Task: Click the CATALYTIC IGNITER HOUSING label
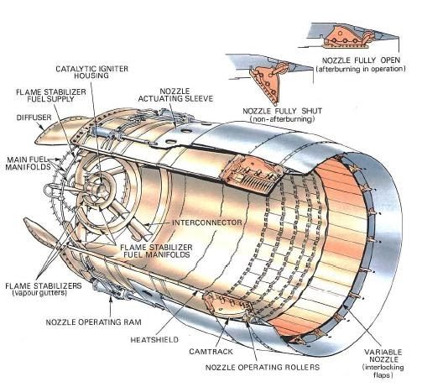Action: point(91,72)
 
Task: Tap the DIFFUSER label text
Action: point(34,118)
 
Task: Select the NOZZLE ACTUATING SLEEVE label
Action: point(175,95)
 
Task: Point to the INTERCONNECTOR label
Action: point(207,222)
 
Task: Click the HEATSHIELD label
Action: point(154,340)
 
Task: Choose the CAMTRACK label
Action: point(211,352)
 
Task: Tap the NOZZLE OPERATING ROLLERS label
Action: point(263,367)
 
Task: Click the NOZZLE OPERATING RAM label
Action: point(93,322)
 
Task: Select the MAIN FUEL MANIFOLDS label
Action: point(28,164)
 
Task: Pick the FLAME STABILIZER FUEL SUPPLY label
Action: point(51,95)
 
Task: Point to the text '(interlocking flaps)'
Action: point(383,371)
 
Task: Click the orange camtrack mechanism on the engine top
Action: point(250,175)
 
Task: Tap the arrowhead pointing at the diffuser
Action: point(42,128)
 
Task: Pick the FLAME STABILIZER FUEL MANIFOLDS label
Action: point(156,251)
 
